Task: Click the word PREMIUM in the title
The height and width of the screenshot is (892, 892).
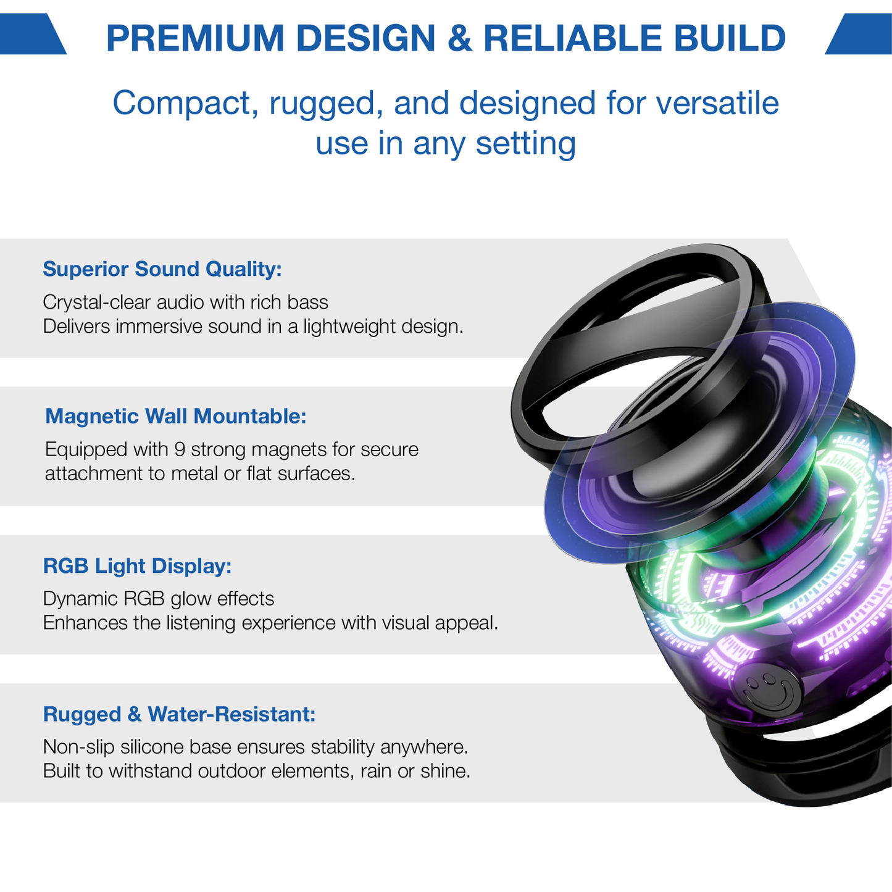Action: pos(195,38)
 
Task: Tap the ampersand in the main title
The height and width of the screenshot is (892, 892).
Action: pos(460,38)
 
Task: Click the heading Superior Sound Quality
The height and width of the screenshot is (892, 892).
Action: pos(162,269)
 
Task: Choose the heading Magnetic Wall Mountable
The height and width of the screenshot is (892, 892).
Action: pos(176,416)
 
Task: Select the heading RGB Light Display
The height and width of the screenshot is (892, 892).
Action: pos(138,566)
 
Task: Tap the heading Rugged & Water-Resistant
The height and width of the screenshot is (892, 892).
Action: pos(179,714)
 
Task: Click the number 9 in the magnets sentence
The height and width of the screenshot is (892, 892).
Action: pos(180,449)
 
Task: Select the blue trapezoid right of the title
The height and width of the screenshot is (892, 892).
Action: pos(859,34)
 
